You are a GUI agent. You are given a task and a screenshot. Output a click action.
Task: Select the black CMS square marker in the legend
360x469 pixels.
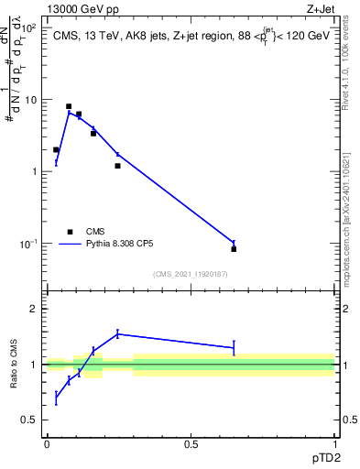click(70, 232)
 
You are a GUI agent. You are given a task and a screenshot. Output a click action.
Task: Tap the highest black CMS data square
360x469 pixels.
click(69, 106)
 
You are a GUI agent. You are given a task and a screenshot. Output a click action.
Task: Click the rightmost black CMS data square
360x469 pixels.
click(234, 249)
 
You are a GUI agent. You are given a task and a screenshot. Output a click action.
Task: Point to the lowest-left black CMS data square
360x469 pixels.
click(56, 149)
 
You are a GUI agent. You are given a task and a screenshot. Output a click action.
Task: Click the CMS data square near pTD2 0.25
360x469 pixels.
click(118, 166)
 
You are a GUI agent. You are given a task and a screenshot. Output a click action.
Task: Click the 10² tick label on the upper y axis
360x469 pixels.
click(29, 28)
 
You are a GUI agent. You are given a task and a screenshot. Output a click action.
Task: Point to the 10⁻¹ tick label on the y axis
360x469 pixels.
click(29, 244)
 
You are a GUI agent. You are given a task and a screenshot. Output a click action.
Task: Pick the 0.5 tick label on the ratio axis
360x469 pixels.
click(29, 420)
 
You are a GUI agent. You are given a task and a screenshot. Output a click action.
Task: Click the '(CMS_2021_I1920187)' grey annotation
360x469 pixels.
click(190, 273)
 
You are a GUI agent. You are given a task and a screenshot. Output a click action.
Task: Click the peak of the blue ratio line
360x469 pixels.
click(118, 333)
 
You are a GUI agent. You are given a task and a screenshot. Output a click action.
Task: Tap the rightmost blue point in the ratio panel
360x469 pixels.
click(234, 347)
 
